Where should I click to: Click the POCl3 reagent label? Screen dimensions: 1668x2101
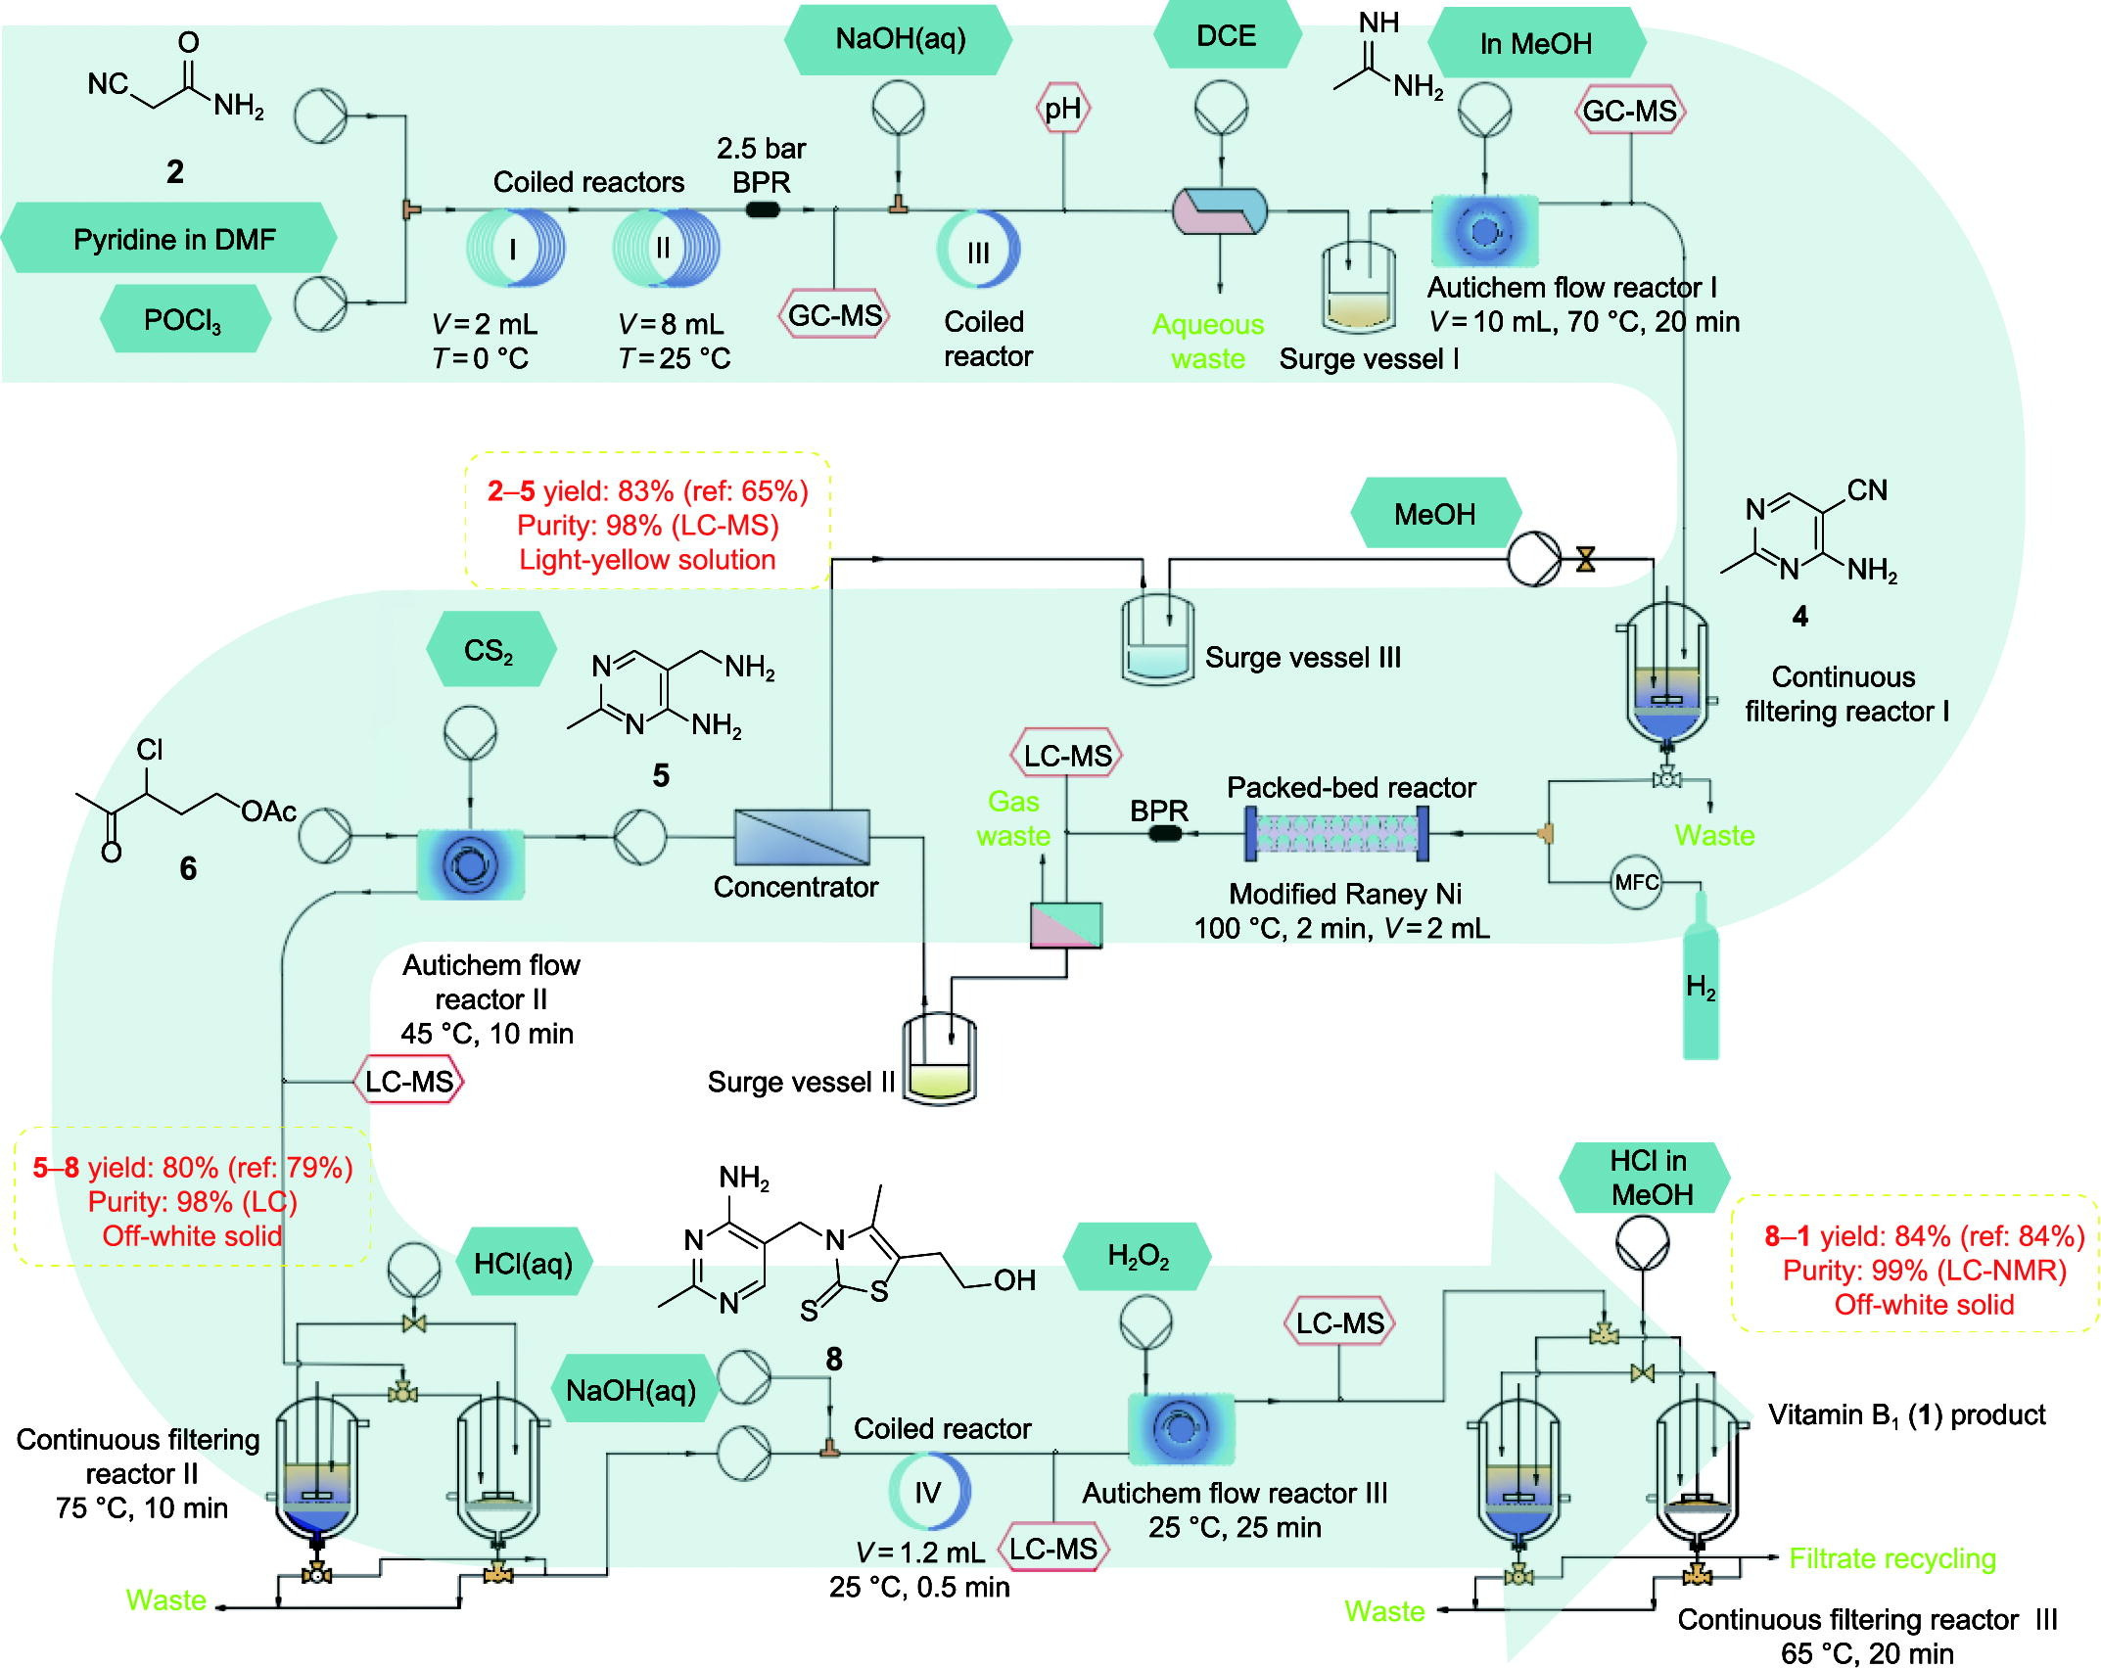click(183, 319)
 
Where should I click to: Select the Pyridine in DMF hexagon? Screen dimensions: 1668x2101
click(172, 239)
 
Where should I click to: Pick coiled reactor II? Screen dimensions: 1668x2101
click(666, 249)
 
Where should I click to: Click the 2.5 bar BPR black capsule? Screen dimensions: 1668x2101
click(763, 209)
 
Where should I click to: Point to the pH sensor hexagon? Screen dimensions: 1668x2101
click(1063, 109)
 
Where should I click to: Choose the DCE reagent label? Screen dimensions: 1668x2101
click(1226, 36)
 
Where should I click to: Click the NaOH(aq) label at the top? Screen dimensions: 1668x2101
click(900, 39)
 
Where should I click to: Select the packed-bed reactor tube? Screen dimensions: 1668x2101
click(1336, 834)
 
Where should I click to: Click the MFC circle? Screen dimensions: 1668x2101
click(1636, 882)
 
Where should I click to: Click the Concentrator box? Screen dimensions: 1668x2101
click(802, 837)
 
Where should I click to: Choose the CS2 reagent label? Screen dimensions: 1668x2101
click(489, 650)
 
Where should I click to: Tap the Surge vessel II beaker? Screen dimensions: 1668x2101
click(939, 1060)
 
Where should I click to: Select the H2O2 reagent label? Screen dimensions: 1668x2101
click(1138, 1256)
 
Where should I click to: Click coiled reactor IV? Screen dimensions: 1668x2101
click(928, 1492)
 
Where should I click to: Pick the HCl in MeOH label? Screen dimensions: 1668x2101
click(1650, 1178)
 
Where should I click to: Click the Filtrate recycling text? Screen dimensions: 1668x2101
click(1891, 1558)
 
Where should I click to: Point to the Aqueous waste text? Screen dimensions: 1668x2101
click(1208, 341)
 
